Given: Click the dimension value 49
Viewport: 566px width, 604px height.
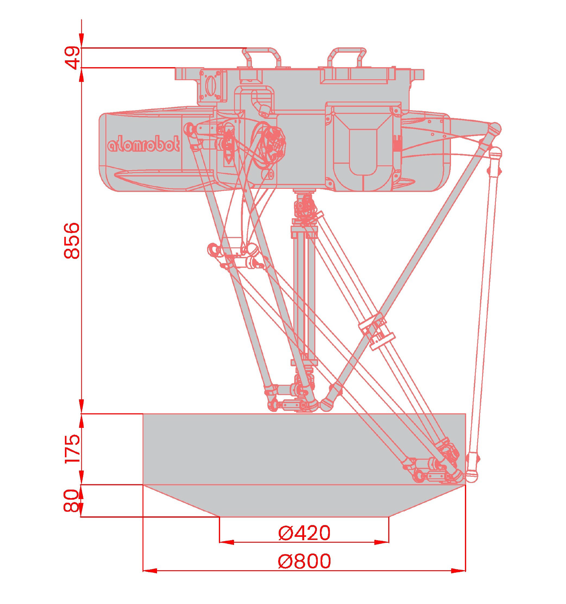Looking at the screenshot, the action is (72, 58).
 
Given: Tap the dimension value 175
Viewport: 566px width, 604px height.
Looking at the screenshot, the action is (72, 449).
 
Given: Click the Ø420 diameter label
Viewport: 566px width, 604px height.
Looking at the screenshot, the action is (304, 533).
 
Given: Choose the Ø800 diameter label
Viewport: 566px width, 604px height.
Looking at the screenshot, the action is (304, 561).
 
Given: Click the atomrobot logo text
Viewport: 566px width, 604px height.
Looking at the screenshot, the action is (143, 144).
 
